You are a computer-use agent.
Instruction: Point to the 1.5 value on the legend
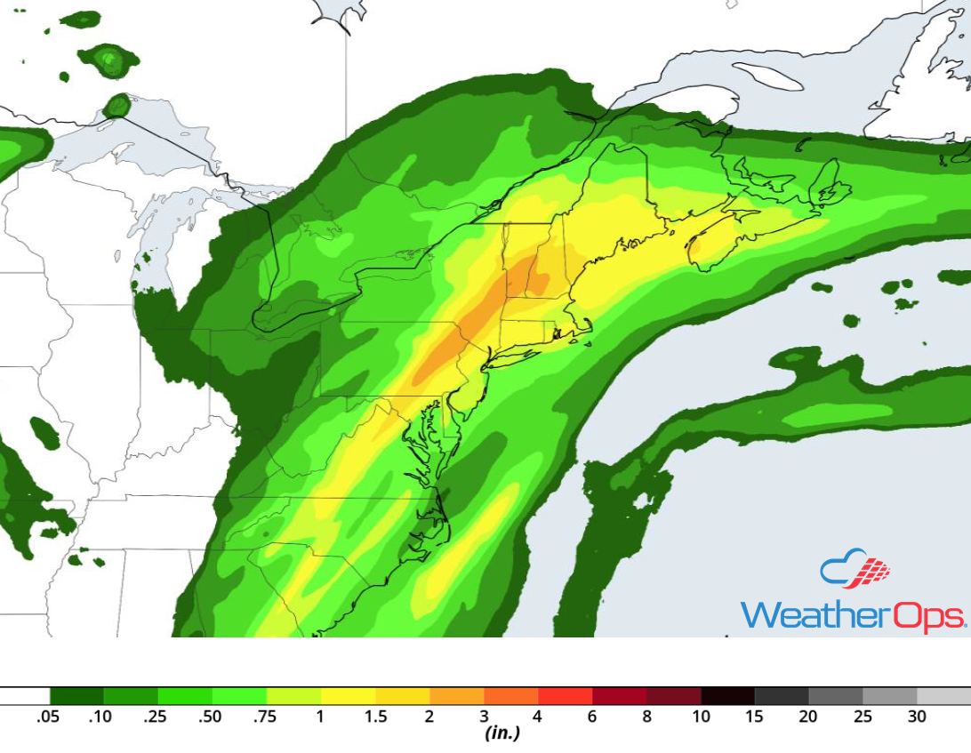pyautogui.click(x=375, y=717)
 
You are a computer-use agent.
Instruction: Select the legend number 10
pyautogui.click(x=701, y=717)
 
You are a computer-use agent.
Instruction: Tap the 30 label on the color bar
pyautogui.click(x=917, y=717)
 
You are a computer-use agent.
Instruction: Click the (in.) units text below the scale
pyautogui.click(x=502, y=734)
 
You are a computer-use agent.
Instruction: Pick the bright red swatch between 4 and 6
pyautogui.click(x=565, y=695)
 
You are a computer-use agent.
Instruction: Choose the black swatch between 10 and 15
pyautogui.click(x=727, y=695)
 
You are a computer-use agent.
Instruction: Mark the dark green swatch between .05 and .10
pyautogui.click(x=76, y=695)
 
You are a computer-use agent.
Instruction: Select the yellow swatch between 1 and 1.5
pyautogui.click(x=348, y=695)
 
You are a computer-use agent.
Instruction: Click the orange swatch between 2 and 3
pyautogui.click(x=456, y=695)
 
